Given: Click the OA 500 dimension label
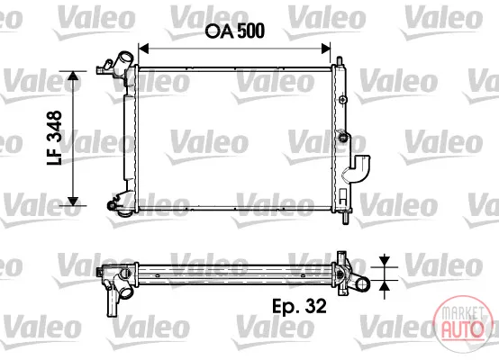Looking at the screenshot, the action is click(235, 31).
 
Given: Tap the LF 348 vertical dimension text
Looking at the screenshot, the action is click(54, 138).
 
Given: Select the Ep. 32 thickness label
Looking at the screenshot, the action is click(299, 306).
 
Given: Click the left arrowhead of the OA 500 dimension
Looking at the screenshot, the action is click(144, 49).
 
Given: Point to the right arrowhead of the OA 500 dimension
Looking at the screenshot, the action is click(325, 49).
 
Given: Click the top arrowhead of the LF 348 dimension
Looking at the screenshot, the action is click(73, 76).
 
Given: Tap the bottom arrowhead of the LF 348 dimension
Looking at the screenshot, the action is click(73, 201).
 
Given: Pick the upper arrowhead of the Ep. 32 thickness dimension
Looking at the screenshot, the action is click(385, 262).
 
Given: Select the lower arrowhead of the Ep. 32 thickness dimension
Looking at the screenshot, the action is click(385, 285).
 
